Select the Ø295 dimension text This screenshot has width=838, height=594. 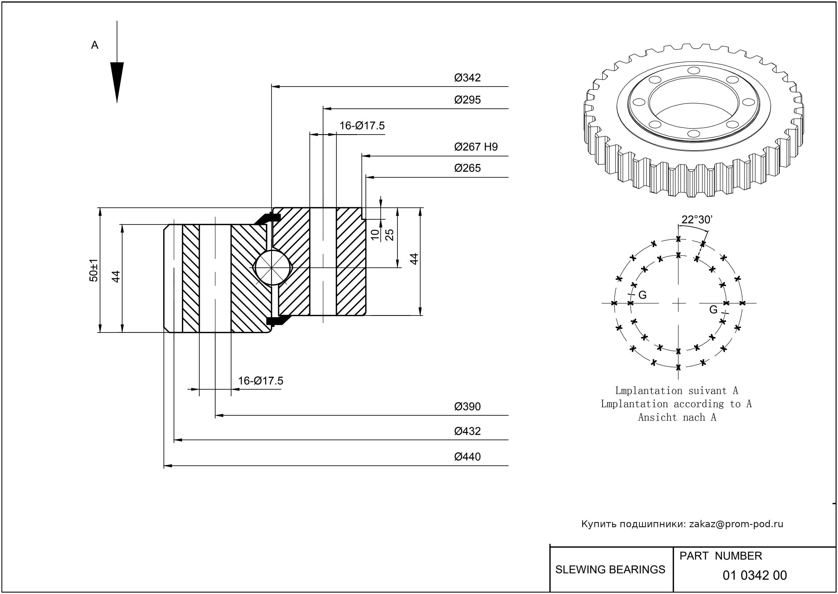[x=467, y=100]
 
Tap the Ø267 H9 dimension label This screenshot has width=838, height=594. [x=476, y=147]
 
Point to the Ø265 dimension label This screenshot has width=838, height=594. [x=467, y=168]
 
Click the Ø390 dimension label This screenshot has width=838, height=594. [x=467, y=407]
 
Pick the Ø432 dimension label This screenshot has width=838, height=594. [x=467, y=431]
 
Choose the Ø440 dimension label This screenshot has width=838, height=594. [x=467, y=457]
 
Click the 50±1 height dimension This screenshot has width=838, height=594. [x=94, y=270]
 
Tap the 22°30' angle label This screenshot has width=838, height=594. [x=697, y=220]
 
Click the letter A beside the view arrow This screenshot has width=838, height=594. [x=94, y=45]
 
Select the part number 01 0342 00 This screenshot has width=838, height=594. [x=755, y=575]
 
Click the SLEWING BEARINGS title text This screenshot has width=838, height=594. [x=610, y=570]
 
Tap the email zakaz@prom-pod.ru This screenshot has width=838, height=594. [x=736, y=524]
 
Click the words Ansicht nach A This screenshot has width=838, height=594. [x=677, y=417]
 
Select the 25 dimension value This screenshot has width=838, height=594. [x=390, y=235]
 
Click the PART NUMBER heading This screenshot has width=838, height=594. [x=720, y=556]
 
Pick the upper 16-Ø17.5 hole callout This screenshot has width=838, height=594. [x=362, y=126]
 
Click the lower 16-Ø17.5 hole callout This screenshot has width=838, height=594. [x=261, y=381]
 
